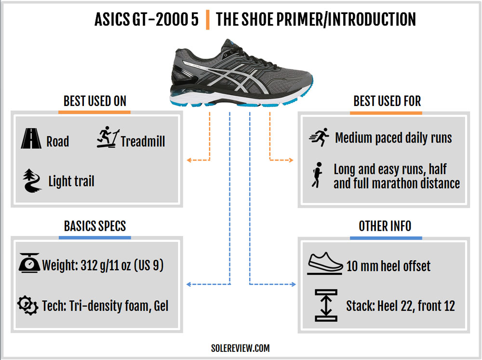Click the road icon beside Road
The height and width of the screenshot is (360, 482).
(x=31, y=138)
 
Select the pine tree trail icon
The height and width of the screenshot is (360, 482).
(x=32, y=180)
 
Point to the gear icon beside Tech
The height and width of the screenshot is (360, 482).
(x=27, y=305)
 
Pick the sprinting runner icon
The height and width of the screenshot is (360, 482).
(x=320, y=137)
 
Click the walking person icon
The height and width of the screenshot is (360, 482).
(x=317, y=175)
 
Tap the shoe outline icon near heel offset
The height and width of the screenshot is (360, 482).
(x=325, y=263)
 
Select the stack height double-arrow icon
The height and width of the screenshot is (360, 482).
(x=326, y=305)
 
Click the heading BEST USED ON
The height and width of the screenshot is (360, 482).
(x=94, y=101)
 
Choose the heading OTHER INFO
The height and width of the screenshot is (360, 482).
(x=385, y=227)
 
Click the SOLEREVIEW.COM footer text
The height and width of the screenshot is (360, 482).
(x=241, y=348)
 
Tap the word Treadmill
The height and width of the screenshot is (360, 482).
(x=143, y=141)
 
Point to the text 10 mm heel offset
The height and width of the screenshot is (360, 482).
(x=388, y=266)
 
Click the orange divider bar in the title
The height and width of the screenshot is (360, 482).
(x=208, y=20)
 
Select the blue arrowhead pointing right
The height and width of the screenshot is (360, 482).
(x=293, y=284)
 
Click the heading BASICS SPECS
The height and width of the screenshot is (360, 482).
(x=94, y=227)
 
